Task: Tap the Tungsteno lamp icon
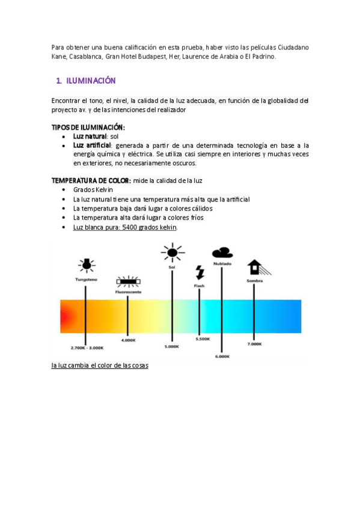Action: point(87,265)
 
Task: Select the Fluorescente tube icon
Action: point(127,281)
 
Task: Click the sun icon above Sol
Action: point(172,253)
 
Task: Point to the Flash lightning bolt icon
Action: point(200,272)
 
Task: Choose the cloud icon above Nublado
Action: point(222,253)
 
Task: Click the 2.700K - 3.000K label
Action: point(87,348)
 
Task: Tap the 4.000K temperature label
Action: point(128,340)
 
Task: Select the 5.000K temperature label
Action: point(172,347)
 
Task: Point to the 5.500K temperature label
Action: point(203,340)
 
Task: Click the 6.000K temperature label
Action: point(222,356)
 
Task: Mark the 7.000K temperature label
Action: point(254,344)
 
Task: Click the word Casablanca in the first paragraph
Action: point(85,57)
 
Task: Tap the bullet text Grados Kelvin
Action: point(93,189)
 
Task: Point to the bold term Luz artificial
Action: point(92,146)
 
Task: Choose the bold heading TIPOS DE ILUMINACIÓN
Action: point(88,127)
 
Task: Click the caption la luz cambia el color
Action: point(100,366)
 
